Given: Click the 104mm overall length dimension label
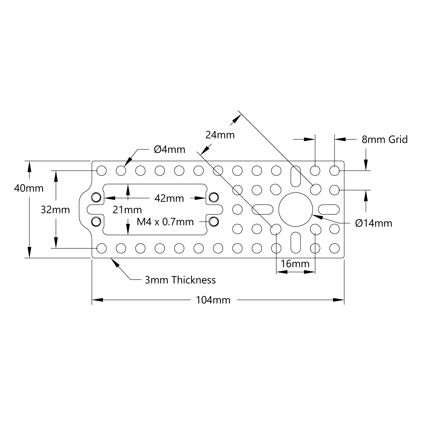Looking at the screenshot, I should click(x=213, y=300).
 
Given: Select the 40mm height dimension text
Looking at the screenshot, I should click(x=29, y=188).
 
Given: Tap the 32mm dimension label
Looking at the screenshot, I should click(x=55, y=210).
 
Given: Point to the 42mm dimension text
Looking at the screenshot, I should click(x=169, y=198).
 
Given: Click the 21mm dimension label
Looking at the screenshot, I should click(x=127, y=210).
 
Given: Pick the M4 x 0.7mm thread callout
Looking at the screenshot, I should click(x=165, y=222).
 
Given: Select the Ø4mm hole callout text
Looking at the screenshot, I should click(x=169, y=149).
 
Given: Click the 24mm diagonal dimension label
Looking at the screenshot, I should click(x=220, y=135).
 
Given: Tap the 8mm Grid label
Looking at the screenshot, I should click(x=384, y=140).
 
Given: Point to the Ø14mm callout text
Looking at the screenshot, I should click(x=373, y=223).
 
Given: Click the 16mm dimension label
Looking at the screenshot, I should click(x=295, y=264).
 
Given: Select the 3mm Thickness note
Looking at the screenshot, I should click(x=180, y=280).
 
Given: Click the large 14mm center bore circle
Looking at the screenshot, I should click(x=295, y=209).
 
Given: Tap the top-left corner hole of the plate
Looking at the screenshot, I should click(x=102, y=170).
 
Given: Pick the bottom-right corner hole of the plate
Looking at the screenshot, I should click(x=334, y=248).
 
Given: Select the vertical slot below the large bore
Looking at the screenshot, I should click(x=295, y=243).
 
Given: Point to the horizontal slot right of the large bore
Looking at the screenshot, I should click(x=329, y=209).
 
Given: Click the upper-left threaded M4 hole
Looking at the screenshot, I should click(x=96, y=197).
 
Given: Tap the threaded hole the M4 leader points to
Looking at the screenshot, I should click(x=214, y=222).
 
